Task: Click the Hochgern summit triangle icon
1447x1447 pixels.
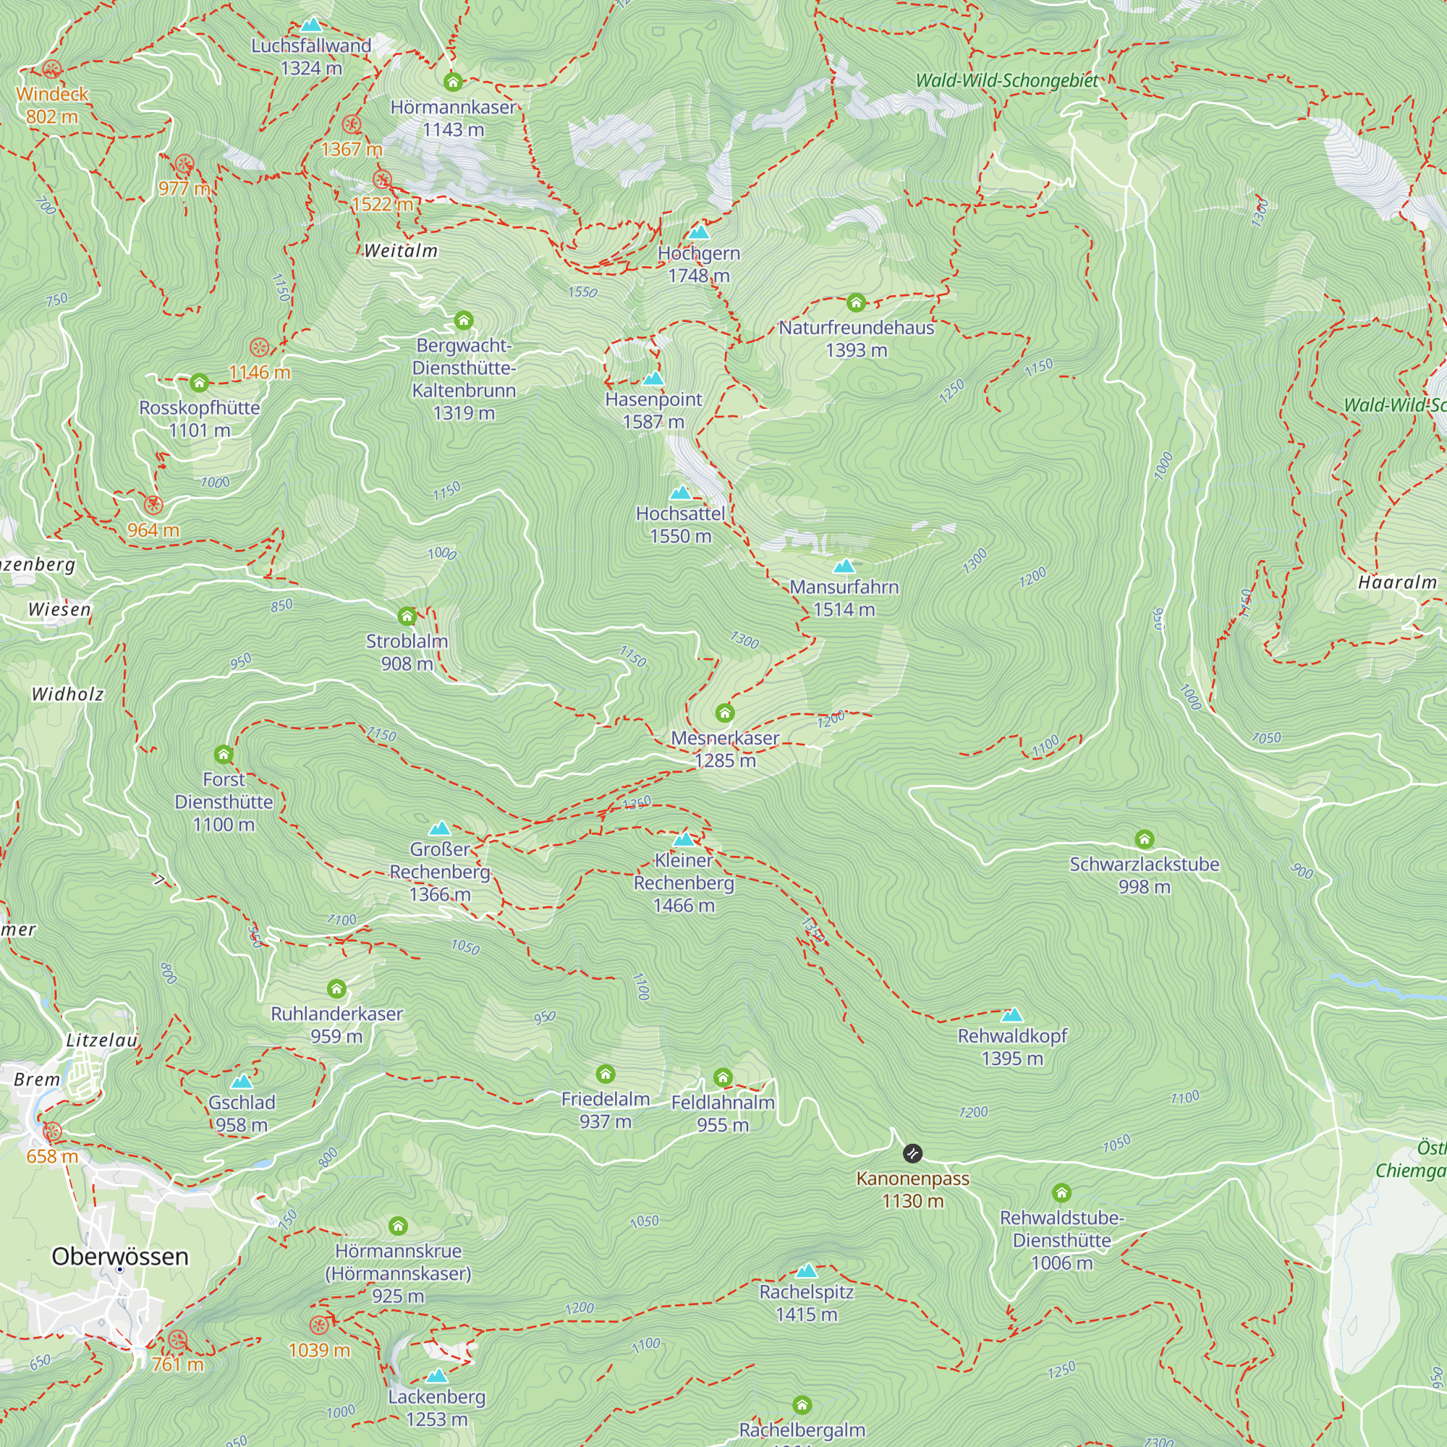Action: click(699, 232)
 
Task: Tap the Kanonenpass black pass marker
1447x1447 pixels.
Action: click(912, 1153)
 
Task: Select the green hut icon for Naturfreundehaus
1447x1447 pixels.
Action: click(856, 303)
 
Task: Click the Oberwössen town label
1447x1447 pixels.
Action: click(120, 1256)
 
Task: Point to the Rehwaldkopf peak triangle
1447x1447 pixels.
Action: click(1012, 1016)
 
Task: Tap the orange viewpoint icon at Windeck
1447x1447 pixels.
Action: click(51, 69)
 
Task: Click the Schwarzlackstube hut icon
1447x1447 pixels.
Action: click(1144, 839)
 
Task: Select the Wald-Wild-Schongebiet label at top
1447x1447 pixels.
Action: click(1006, 80)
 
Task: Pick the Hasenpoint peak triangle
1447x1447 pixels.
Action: click(653, 378)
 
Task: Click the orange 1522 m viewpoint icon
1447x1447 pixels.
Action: click(382, 179)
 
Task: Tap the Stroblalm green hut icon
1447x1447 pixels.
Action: click(407, 616)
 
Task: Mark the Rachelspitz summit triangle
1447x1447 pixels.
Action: click(806, 1271)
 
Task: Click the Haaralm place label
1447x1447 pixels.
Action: click(1398, 582)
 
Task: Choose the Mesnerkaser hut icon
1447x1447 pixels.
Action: click(724, 712)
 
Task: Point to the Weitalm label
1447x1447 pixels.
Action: click(401, 251)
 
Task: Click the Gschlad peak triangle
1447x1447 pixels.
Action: click(241, 1082)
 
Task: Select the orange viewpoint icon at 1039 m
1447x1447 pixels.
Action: click(319, 1325)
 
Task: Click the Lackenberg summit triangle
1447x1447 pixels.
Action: click(437, 1376)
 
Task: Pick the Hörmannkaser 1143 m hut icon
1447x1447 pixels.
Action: click(452, 82)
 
